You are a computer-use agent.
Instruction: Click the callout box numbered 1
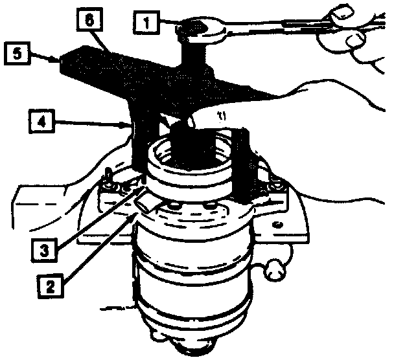click(146, 23)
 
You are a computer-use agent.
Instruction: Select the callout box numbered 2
click(51, 286)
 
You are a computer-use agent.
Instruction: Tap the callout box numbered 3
click(44, 250)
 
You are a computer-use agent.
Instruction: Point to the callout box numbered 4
click(41, 121)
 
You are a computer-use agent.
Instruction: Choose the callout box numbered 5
click(17, 53)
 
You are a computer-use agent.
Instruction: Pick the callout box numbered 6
click(89, 19)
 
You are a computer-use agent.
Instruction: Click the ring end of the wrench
click(201, 29)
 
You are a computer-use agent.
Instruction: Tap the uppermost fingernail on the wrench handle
click(342, 12)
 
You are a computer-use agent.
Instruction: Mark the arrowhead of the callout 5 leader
click(56, 60)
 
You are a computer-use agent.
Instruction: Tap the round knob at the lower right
click(274, 271)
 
